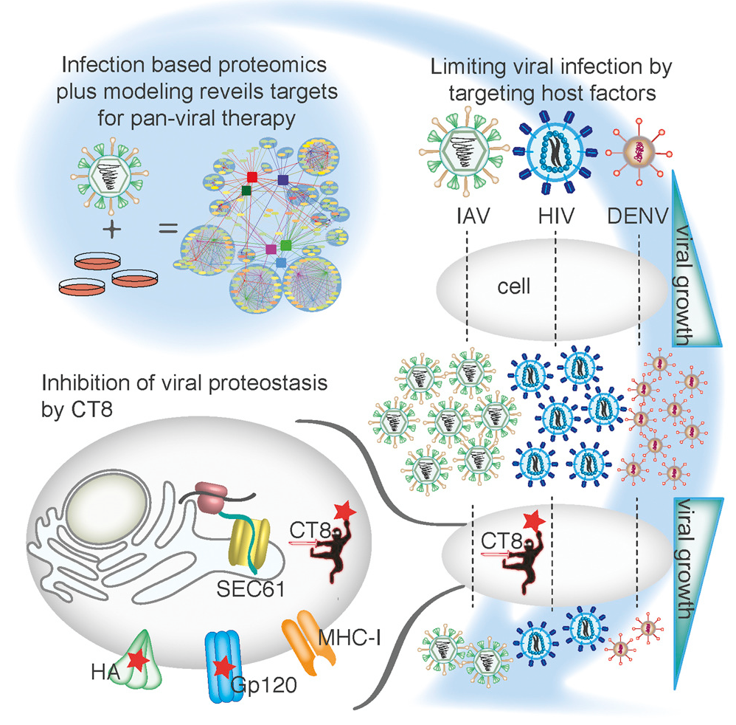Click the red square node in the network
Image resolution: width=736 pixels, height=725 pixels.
click(252, 177)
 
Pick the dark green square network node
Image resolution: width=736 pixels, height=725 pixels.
click(247, 192)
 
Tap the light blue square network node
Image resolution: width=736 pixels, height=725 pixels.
click(281, 262)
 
